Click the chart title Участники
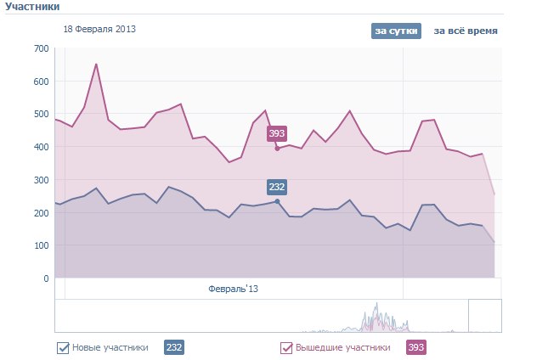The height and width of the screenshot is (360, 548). click(32, 7)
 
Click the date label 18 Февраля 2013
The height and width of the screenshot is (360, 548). click(99, 29)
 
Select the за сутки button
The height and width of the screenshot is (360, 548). click(396, 31)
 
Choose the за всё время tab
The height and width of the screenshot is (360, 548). click(466, 31)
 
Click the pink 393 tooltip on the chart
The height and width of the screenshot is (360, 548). click(277, 133)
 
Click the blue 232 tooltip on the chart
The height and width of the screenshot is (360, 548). click(277, 187)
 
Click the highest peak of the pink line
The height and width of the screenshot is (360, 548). click(96, 64)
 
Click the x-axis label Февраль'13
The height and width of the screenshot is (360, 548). click(233, 289)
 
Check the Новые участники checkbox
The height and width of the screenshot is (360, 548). click(63, 347)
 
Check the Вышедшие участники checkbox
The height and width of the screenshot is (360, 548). click(286, 347)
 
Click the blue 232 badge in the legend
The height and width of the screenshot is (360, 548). click(173, 347)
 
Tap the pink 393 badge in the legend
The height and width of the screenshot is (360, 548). click(416, 347)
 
